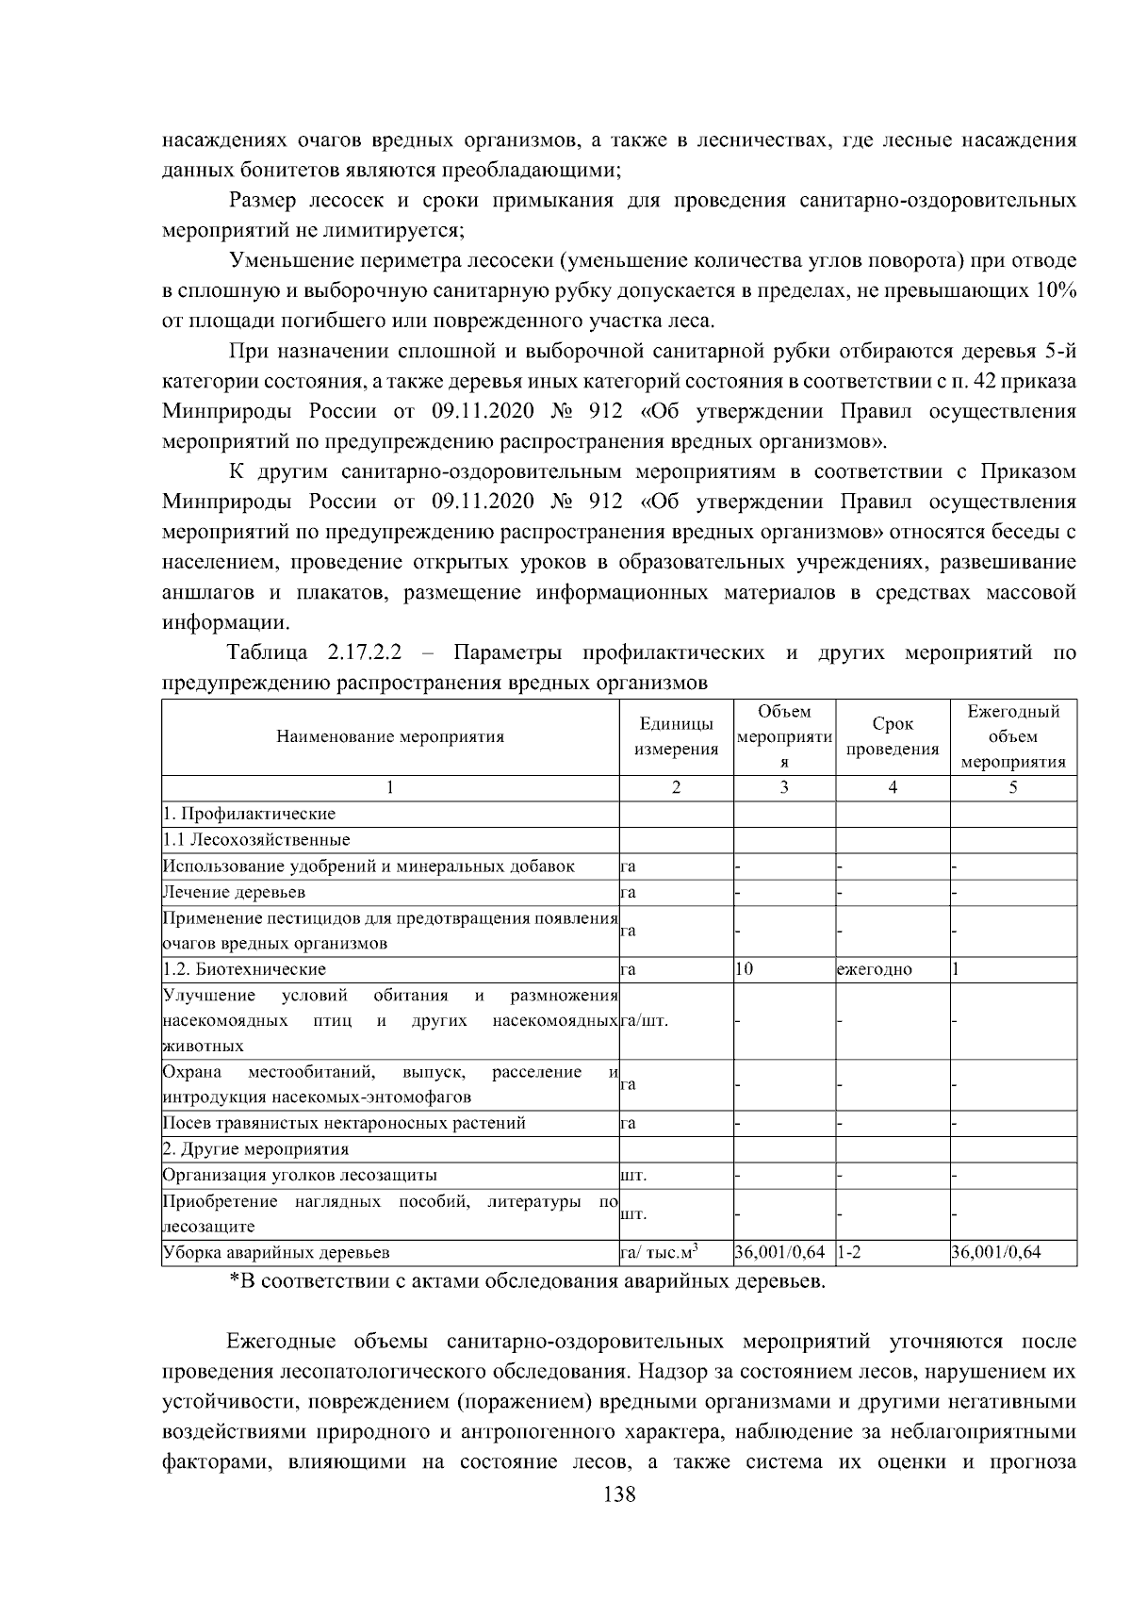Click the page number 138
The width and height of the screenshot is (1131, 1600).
point(618,1521)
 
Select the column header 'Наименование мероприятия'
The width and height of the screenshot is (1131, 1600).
point(390,737)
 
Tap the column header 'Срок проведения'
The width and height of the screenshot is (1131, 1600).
point(893,737)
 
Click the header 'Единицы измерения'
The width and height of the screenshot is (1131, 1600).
point(676,737)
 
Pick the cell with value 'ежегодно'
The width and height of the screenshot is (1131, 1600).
point(874,969)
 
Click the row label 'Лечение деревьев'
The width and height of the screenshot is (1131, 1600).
point(234,892)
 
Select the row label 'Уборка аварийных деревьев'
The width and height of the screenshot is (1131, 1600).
point(276,1252)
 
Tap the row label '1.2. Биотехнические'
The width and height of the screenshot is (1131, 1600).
point(244,969)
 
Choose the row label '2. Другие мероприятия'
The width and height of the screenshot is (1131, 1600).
point(255,1149)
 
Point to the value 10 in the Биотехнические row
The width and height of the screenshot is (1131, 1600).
point(744,969)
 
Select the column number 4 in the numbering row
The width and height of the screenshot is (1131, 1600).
point(893,788)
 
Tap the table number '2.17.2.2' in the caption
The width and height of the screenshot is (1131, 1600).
point(365,652)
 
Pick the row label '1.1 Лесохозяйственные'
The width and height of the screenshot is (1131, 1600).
point(256,839)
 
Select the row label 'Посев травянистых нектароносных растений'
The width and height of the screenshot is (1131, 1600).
point(344,1124)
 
